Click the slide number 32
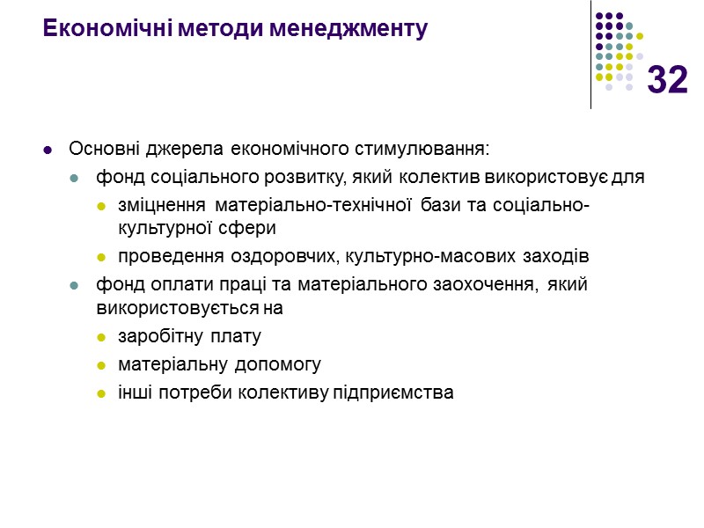coord(667,81)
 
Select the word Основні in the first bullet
coord(99,146)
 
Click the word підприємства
coord(392,392)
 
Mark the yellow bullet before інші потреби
coord(101,393)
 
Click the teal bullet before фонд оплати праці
coord(75,286)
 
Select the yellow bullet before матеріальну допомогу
coord(101,365)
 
